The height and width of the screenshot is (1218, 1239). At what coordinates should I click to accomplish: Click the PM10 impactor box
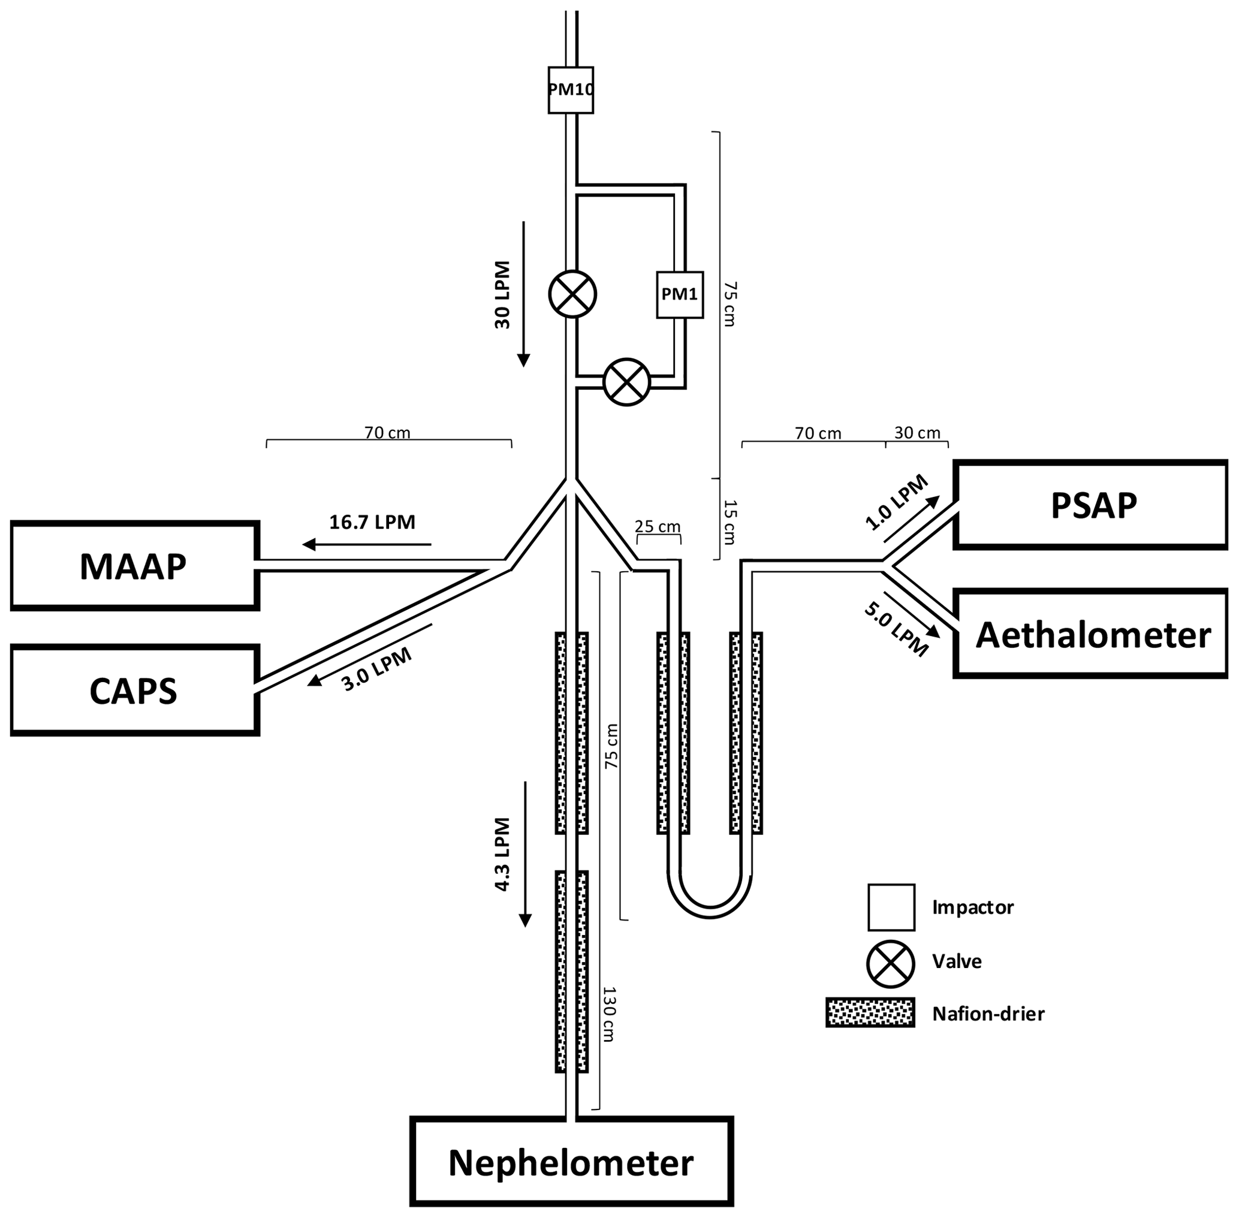tap(571, 90)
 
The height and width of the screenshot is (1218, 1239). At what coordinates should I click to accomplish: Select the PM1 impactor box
tap(679, 294)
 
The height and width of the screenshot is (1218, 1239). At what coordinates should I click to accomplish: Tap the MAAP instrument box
tap(134, 566)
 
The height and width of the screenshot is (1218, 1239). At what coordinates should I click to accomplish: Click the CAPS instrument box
tap(134, 691)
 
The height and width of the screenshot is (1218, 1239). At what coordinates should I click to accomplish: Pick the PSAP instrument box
tap(1090, 505)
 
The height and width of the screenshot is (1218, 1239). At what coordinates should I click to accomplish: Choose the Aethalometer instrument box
tap(1090, 634)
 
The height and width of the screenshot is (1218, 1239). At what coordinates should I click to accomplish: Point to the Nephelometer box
tap(571, 1162)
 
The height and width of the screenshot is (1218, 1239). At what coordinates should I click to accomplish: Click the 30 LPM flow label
tap(503, 295)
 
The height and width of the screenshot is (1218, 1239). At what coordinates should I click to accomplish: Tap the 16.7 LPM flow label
tap(372, 523)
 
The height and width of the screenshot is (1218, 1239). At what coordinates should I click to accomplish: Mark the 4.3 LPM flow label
tap(503, 855)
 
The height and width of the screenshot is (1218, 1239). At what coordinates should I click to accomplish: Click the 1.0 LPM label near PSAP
tap(896, 503)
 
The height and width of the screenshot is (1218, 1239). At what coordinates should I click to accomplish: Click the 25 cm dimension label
tap(658, 527)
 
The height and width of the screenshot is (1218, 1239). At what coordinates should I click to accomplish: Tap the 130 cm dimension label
tap(608, 1015)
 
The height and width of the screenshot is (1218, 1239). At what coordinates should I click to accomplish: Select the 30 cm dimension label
tap(917, 433)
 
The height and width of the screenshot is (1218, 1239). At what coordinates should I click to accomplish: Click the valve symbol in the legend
tap(890, 961)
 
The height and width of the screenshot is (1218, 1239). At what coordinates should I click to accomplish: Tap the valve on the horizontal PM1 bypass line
tap(627, 382)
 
